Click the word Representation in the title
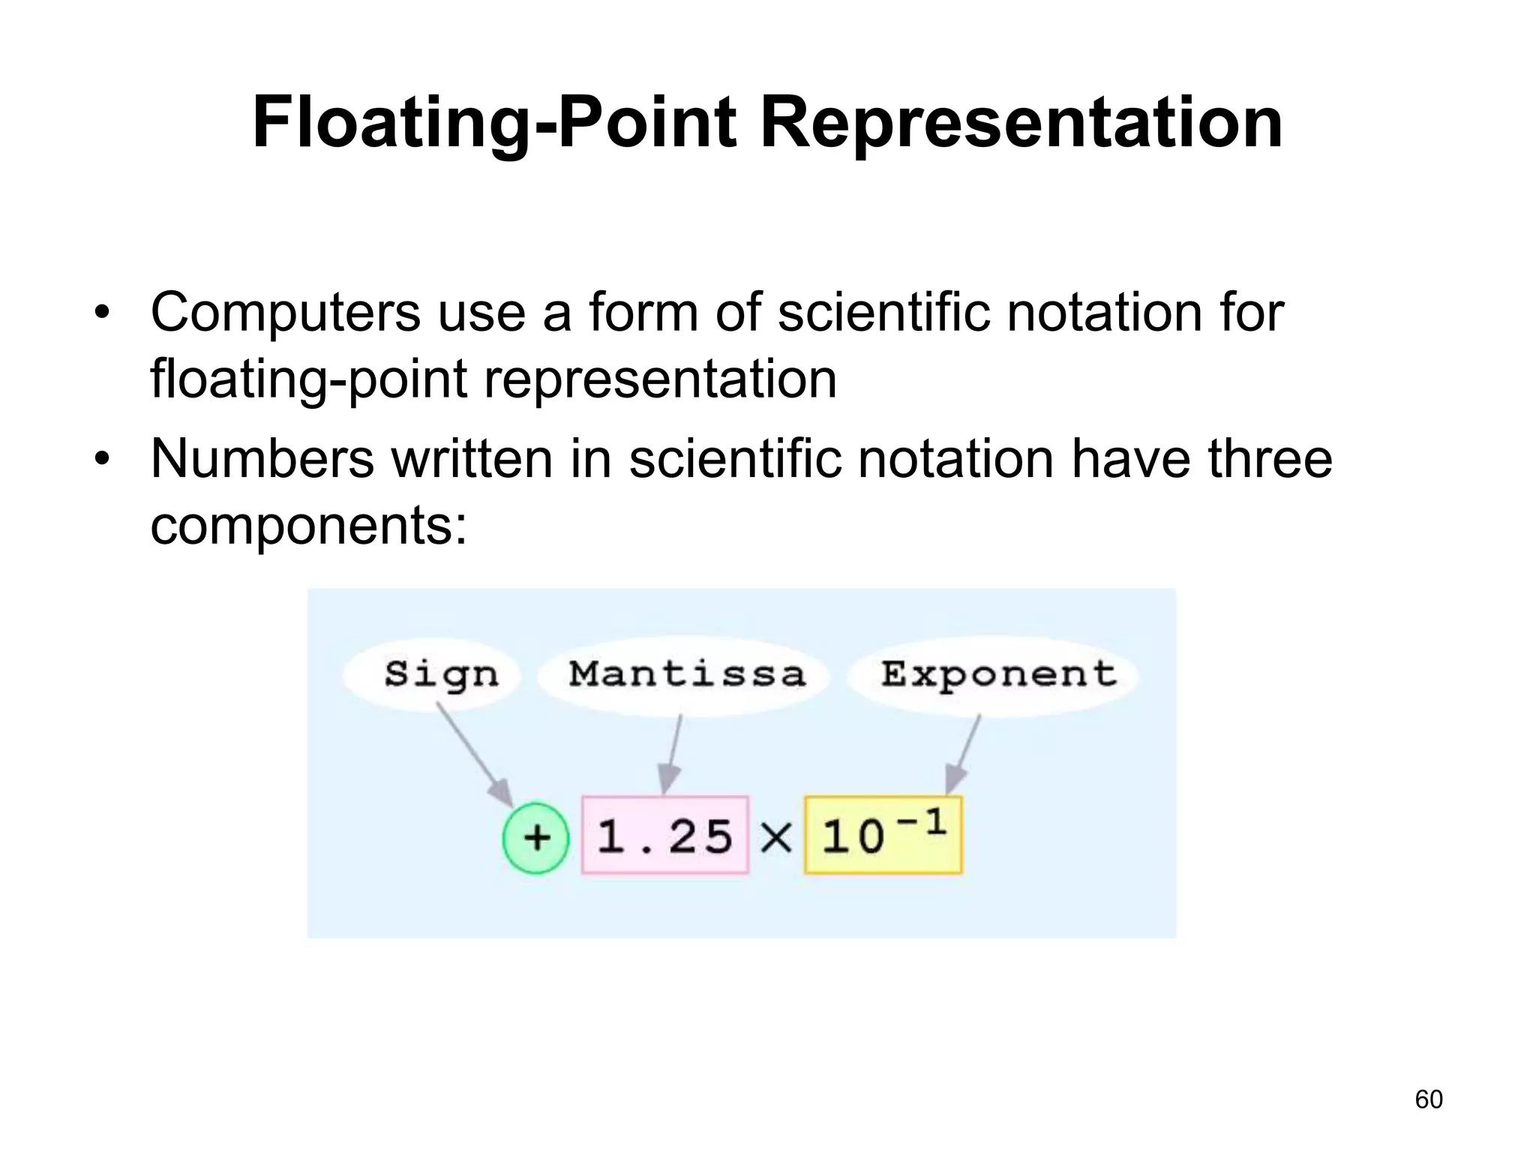(x=1021, y=124)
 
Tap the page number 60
(x=1428, y=1099)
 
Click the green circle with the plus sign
(x=535, y=837)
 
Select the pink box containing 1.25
(x=665, y=835)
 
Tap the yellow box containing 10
(x=882, y=835)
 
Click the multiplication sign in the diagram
(x=776, y=837)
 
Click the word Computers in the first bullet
(x=285, y=313)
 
